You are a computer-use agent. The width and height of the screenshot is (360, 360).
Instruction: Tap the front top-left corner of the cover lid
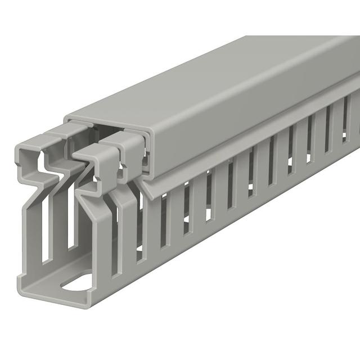tap(66, 119)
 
